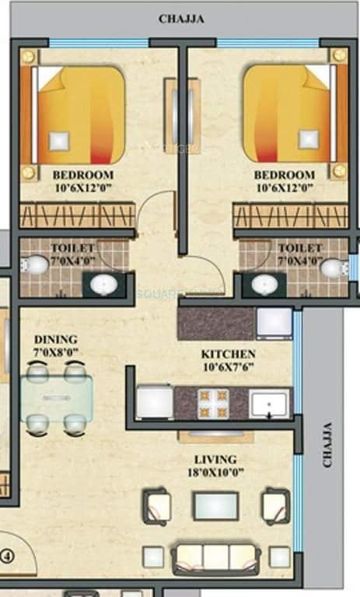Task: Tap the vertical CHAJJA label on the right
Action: click(x=327, y=445)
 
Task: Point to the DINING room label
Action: click(x=55, y=340)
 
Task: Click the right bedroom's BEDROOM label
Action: click(x=285, y=175)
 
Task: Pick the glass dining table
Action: click(x=56, y=398)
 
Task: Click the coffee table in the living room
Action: click(x=215, y=505)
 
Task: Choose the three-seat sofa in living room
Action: click(x=215, y=557)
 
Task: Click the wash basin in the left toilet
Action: click(x=103, y=285)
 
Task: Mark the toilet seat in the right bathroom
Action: click(x=334, y=268)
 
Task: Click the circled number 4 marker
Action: click(x=8, y=556)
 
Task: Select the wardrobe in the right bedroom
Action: click(x=289, y=215)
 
